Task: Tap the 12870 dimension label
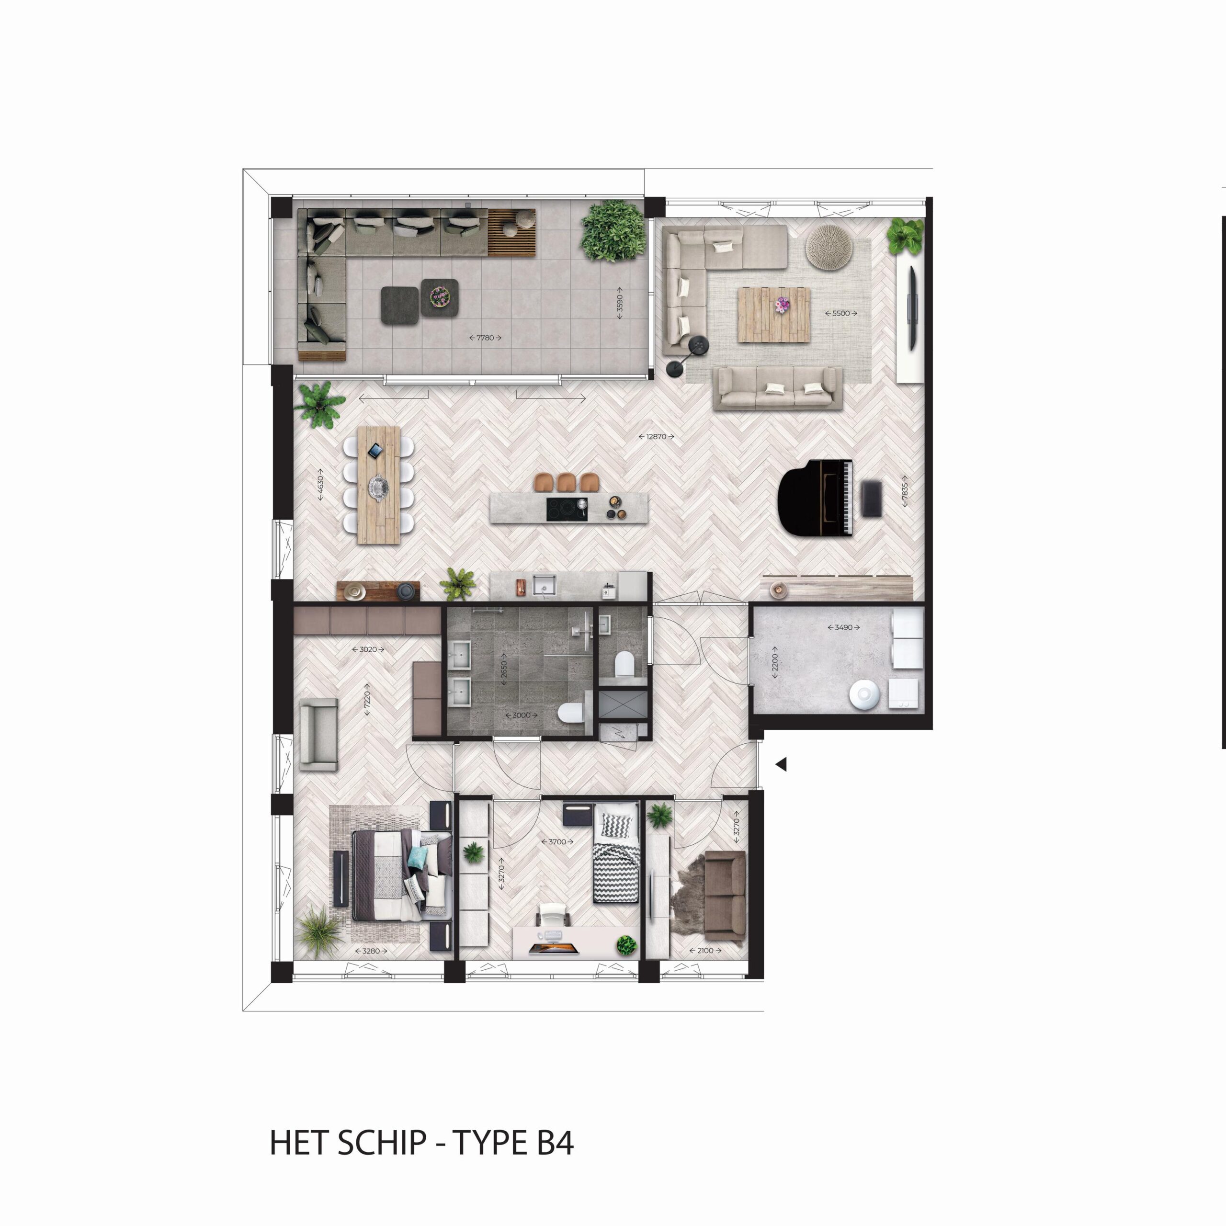pyautogui.click(x=656, y=437)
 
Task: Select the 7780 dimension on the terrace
pyautogui.click(x=486, y=338)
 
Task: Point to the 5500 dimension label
pyautogui.click(x=841, y=313)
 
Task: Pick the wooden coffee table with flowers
pyautogui.click(x=773, y=315)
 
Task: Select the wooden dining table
pyautogui.click(x=379, y=484)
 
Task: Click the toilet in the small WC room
pyautogui.click(x=624, y=664)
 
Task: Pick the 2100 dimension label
pyautogui.click(x=705, y=951)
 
